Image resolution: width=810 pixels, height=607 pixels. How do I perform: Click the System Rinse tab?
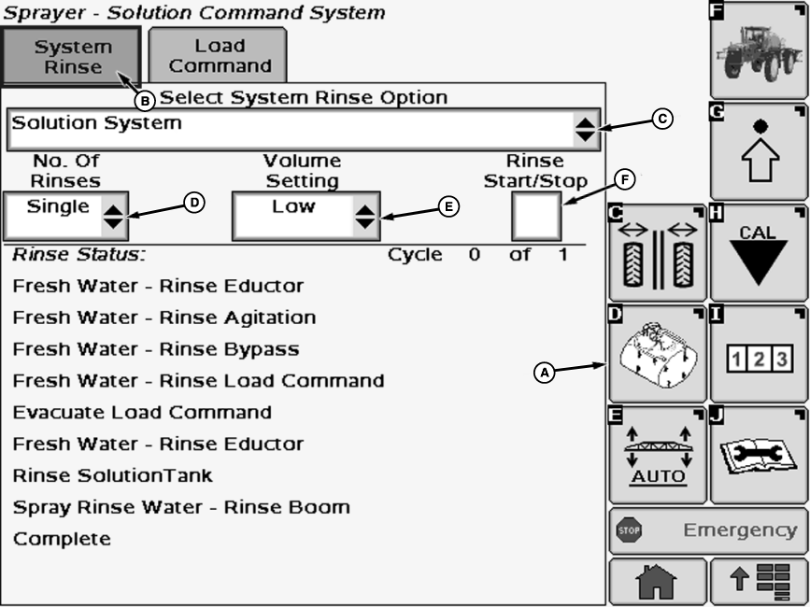click(x=72, y=56)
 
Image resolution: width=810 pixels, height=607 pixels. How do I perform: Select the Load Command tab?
click(x=220, y=56)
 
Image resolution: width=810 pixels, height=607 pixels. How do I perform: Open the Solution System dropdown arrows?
click(x=585, y=130)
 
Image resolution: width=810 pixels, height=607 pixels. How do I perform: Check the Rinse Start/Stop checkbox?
click(x=537, y=217)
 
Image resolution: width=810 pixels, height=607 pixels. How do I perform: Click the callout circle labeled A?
click(x=545, y=372)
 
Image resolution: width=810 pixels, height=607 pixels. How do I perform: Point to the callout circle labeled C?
click(x=662, y=119)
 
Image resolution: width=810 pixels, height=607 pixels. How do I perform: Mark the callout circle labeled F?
click(x=625, y=178)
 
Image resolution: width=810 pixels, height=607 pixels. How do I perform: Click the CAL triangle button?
click(x=758, y=251)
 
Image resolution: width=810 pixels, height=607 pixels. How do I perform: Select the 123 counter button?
click(x=758, y=355)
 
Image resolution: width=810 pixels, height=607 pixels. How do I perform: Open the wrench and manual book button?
click(x=758, y=455)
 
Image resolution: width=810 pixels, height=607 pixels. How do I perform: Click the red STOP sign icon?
click(x=627, y=530)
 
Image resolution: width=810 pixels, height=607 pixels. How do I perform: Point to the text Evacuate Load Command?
click(x=142, y=412)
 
